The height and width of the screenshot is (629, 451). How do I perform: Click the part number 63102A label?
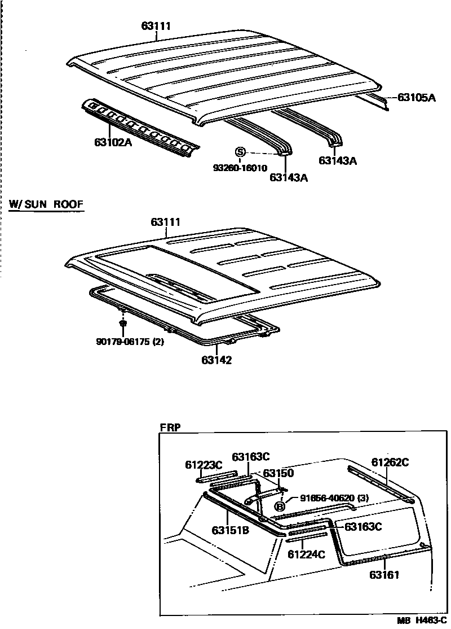pyautogui.click(x=113, y=142)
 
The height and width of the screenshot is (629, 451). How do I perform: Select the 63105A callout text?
pyautogui.click(x=417, y=97)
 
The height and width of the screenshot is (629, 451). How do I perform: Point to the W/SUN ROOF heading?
pyautogui.click(x=46, y=204)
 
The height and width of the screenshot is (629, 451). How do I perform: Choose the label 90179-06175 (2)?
pyautogui.click(x=130, y=341)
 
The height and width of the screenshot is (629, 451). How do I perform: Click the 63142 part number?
pyautogui.click(x=216, y=360)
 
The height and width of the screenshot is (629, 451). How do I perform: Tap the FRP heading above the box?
pyautogui.click(x=170, y=427)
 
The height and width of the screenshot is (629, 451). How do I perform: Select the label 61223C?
pyautogui.click(x=204, y=465)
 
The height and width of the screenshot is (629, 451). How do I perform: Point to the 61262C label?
pyautogui.click(x=390, y=462)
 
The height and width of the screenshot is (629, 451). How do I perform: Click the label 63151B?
pyautogui.click(x=231, y=530)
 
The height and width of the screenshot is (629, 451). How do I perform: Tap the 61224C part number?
pyautogui.click(x=306, y=554)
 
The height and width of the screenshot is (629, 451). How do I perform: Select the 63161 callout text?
pyautogui.click(x=385, y=575)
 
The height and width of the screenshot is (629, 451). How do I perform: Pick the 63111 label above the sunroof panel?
pyautogui.click(x=165, y=222)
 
